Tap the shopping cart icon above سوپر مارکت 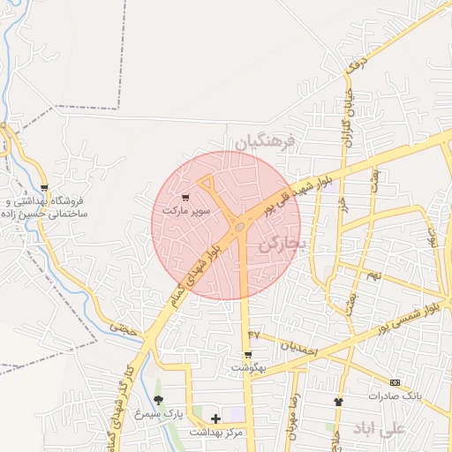185,198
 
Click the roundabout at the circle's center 240,229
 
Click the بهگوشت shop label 248,366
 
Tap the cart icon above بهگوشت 248,354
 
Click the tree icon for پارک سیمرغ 159,400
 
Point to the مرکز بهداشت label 216,432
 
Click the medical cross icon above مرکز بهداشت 216,418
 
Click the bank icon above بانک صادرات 395,382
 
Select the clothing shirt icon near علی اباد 338,402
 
